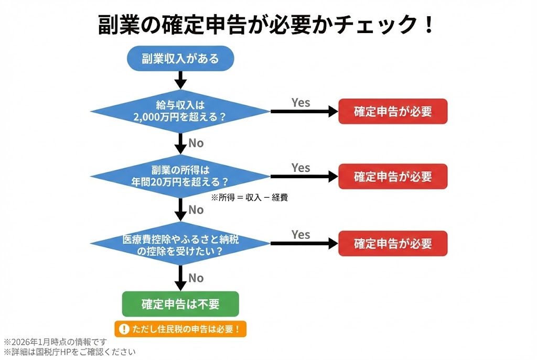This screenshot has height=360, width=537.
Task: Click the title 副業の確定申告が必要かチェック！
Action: click(267, 25)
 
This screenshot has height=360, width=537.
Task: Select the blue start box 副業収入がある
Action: click(180, 58)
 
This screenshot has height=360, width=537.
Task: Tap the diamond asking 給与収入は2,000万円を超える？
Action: click(180, 111)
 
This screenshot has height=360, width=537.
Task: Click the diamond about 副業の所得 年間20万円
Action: click(180, 176)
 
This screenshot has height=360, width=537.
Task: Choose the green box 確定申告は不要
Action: click(180, 304)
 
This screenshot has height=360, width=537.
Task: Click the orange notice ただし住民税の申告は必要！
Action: click(180, 329)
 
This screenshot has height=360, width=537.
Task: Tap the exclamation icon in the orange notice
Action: click(124, 329)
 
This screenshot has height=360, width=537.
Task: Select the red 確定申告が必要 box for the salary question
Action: click(392, 111)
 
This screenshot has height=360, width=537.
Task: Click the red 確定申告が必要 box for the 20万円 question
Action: click(392, 177)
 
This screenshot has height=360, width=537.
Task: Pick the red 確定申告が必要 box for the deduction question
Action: click(392, 243)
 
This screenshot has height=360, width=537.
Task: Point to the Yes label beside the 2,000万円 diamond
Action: click(300, 103)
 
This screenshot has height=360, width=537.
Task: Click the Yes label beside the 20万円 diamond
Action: click(300, 168)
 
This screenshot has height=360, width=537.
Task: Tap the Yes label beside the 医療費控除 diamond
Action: click(300, 234)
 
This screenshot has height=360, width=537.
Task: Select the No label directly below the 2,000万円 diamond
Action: click(196, 143)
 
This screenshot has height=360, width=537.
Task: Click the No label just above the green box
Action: click(196, 278)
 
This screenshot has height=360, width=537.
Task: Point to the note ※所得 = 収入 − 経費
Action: click(249, 198)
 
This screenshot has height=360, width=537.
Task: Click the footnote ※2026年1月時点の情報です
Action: click(58, 342)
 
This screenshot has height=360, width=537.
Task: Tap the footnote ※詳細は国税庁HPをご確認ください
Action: click(69, 352)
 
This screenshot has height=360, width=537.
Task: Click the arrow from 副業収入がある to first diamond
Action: click(180, 79)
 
